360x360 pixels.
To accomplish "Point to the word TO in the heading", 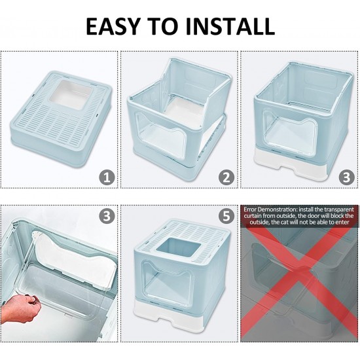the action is point(162,26).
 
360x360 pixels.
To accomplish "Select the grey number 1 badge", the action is point(107,177).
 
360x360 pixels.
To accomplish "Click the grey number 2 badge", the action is point(226,177).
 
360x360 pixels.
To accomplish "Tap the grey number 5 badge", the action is point(226,216).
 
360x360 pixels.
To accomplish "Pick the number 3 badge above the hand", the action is point(107,216).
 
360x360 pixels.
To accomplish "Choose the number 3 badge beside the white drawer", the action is point(347,177).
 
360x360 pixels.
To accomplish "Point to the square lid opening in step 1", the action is point(71,95).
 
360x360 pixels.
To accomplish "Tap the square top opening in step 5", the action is point(179,251).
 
